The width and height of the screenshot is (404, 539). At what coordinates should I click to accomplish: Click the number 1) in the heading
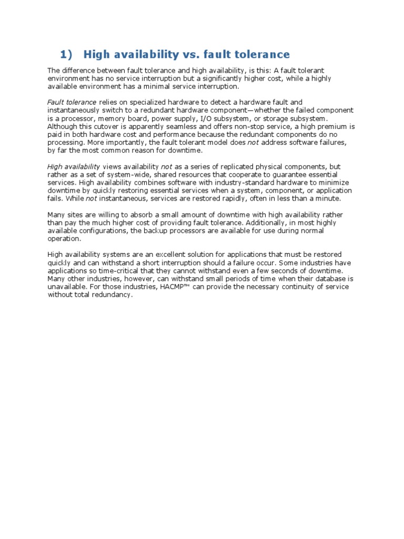(65, 54)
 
